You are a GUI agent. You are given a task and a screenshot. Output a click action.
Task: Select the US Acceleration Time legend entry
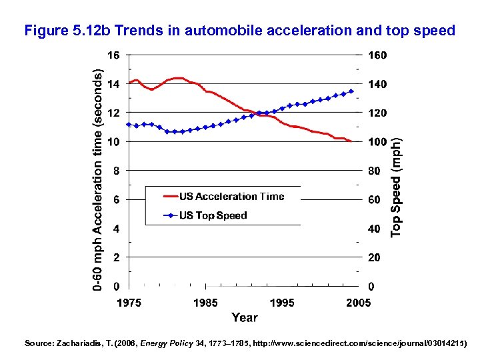click(x=231, y=197)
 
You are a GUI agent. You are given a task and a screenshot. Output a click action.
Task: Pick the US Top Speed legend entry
click(x=213, y=215)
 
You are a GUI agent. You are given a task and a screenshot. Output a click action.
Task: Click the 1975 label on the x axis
click(x=129, y=303)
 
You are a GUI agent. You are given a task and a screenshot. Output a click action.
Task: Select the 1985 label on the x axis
click(x=205, y=303)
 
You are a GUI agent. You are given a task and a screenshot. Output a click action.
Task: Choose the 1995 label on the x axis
click(x=282, y=303)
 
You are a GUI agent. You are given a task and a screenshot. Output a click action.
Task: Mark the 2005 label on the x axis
click(x=358, y=303)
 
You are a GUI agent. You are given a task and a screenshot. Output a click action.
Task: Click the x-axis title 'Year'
click(x=244, y=317)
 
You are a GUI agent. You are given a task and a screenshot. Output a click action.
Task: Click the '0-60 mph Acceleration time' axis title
click(x=98, y=180)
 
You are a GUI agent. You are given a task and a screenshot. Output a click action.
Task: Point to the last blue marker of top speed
click(x=351, y=91)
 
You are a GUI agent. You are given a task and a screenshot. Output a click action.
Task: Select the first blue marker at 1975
click(x=129, y=125)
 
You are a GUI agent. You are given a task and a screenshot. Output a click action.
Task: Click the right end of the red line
click(x=351, y=141)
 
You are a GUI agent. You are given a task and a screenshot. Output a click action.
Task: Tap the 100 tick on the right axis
click(x=377, y=142)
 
